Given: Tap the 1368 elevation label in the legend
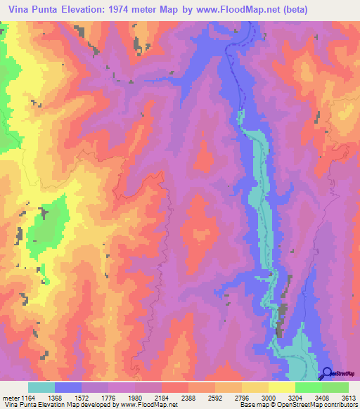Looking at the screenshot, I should point(55,397).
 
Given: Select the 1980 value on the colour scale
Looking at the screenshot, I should point(135,397).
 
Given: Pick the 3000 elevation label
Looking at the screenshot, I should point(268,397).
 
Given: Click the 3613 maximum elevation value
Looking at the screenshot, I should point(349,397).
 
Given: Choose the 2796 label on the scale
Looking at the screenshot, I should point(241,397).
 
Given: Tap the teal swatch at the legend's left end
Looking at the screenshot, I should point(41,387).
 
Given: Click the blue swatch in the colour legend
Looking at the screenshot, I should point(68,387).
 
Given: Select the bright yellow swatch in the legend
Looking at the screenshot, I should point(281,387).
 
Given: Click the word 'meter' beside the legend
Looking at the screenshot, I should point(11,397).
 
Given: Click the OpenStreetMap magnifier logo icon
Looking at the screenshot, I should point(328,375).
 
